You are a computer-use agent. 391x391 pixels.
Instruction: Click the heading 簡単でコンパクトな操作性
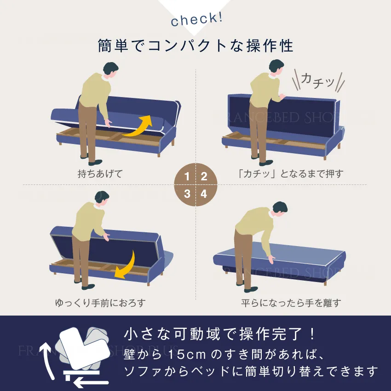195,46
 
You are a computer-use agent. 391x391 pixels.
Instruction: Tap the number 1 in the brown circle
187,177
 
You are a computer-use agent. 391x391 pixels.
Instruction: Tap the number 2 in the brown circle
204,177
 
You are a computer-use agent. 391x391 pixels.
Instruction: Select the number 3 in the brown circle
187,194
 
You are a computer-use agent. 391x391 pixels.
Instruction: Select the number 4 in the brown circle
204,194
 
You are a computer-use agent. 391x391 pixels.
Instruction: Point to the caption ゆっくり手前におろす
100,303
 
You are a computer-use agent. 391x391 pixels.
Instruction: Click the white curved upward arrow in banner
47,359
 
